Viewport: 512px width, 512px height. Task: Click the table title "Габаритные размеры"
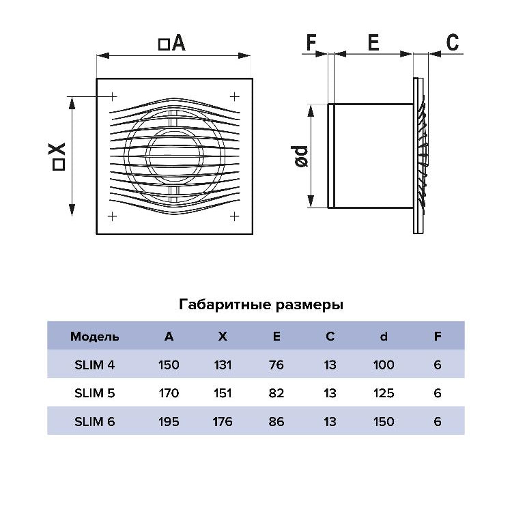click(x=261, y=304)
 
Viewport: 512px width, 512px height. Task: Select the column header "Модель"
click(x=94, y=337)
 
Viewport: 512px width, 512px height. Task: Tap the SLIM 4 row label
click(x=95, y=365)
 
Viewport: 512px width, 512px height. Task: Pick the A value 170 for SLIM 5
click(x=169, y=393)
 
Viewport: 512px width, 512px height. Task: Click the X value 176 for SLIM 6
click(x=223, y=422)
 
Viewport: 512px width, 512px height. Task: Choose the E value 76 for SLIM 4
click(x=276, y=365)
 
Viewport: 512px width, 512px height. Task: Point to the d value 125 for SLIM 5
click(x=384, y=393)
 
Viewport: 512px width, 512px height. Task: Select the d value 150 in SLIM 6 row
click(x=384, y=422)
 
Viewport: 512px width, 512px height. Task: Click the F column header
click(x=438, y=337)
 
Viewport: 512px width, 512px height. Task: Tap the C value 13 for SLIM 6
click(x=330, y=422)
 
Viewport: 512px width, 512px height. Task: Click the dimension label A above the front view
click(x=172, y=43)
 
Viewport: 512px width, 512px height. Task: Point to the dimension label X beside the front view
click(x=58, y=157)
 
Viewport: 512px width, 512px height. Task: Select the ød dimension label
click(x=300, y=157)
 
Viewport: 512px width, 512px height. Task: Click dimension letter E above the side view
click(x=373, y=42)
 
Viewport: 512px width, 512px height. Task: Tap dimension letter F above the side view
click(x=311, y=42)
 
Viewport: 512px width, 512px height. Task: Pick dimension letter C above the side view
click(x=452, y=42)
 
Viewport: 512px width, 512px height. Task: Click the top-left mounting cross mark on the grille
click(x=113, y=97)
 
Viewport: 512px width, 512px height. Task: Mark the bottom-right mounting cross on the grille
click(x=234, y=216)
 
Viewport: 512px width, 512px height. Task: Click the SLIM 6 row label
click(x=95, y=422)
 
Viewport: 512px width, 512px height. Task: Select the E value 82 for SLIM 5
click(x=276, y=393)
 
